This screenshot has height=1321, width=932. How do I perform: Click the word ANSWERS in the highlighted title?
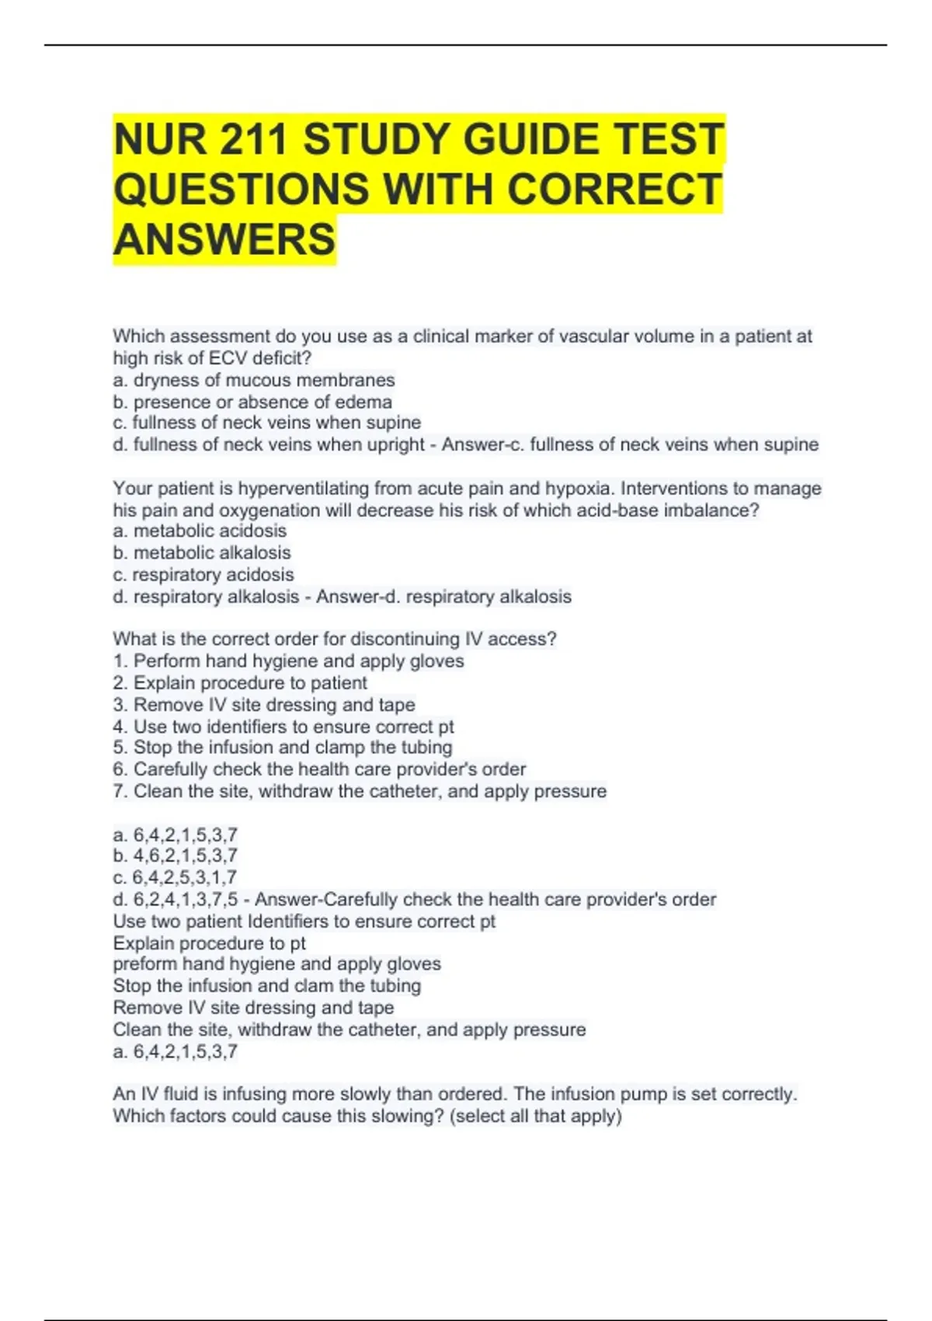tap(224, 239)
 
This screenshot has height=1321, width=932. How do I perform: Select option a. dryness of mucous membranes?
tap(254, 380)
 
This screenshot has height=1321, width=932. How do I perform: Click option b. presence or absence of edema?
tap(252, 402)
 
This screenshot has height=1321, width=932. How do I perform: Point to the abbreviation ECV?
tap(228, 358)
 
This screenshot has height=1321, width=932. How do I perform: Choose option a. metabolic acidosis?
tap(200, 531)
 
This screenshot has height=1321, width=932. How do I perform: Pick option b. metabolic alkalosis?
tap(202, 552)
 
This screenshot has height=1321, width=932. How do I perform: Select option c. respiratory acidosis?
tap(203, 574)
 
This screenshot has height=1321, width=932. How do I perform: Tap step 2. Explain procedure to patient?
tap(240, 682)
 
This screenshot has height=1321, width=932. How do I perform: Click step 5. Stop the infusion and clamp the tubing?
tap(282, 747)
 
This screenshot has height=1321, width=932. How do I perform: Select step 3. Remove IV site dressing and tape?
tap(264, 704)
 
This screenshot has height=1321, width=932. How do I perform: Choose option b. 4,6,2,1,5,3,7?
tap(176, 856)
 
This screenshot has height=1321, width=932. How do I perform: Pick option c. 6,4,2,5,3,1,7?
tap(176, 877)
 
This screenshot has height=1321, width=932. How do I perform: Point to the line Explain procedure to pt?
tap(210, 943)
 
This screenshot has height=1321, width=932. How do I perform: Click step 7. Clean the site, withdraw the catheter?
tap(360, 791)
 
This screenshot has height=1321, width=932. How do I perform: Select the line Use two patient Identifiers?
tap(304, 921)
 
